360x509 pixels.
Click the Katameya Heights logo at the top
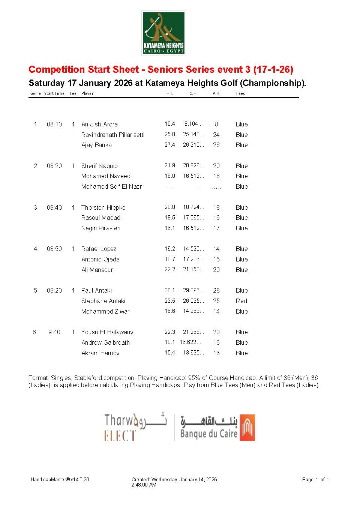tap(163, 33)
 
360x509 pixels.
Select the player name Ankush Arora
tap(99, 124)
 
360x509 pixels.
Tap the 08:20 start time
tap(54, 166)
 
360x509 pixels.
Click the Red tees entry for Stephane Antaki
tap(241, 301)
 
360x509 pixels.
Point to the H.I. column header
tap(169, 93)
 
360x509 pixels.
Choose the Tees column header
tap(240, 93)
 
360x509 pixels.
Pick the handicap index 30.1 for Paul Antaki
tap(169, 290)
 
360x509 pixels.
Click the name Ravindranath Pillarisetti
tap(113, 135)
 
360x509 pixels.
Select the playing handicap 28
tap(216, 290)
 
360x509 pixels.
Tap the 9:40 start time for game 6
tap(54, 332)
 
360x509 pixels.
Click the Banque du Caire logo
tap(217, 427)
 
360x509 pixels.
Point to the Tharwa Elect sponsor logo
tap(135, 427)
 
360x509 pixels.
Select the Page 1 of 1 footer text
tap(315, 479)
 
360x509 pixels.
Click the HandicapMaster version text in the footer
tap(60, 479)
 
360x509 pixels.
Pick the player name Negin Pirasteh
tap(101, 228)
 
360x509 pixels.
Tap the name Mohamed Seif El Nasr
tap(111, 186)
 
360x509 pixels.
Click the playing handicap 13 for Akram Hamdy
tap(216, 353)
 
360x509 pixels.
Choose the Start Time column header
tap(54, 93)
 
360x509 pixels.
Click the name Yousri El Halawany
tap(107, 332)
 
